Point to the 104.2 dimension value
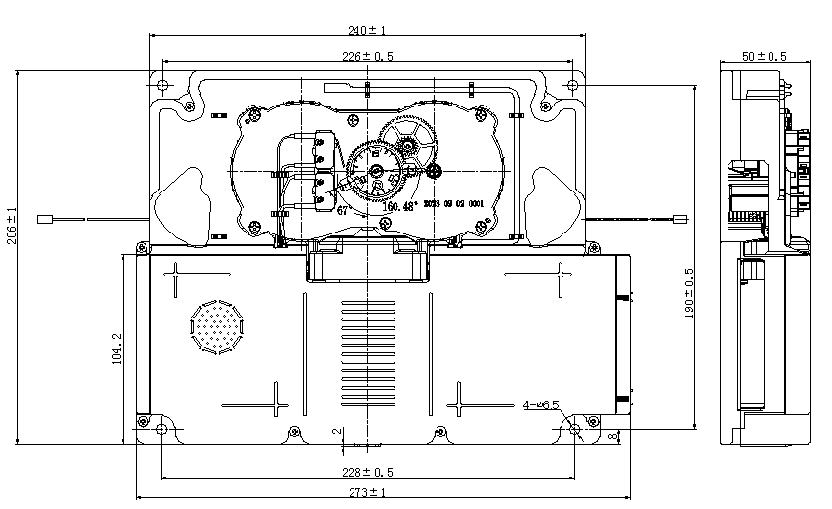pyautogui.click(x=117, y=350)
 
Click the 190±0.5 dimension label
pyautogui.click(x=688, y=292)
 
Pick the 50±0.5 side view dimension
pyautogui.click(x=765, y=57)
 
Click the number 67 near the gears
pyautogui.click(x=343, y=209)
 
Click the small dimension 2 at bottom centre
pyautogui.click(x=336, y=431)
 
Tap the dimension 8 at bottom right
pyautogui.click(x=613, y=438)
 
